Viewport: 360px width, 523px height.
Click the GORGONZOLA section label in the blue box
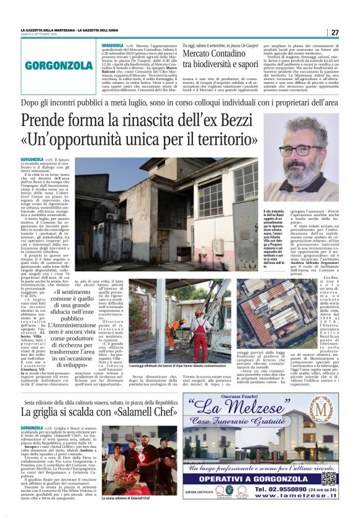coord(59,65)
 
